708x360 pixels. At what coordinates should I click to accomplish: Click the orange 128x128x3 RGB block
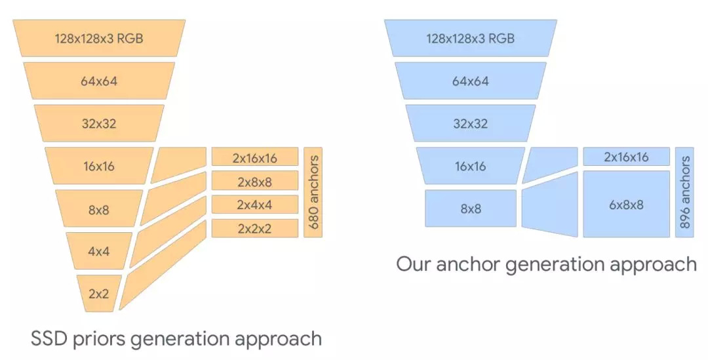(x=99, y=38)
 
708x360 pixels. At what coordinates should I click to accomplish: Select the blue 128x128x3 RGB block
(x=470, y=38)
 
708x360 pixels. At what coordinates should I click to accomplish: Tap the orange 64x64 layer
(x=99, y=81)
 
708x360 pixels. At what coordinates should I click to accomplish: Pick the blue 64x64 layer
(x=470, y=81)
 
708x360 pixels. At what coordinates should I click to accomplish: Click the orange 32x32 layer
(x=99, y=123)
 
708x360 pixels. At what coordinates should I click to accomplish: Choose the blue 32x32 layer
(x=470, y=123)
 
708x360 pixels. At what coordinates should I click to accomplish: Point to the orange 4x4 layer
(x=98, y=250)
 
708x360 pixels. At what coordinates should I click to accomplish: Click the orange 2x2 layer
(x=98, y=293)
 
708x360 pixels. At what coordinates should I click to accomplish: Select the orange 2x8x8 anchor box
(x=254, y=181)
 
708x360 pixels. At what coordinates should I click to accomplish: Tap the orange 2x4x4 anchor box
(x=254, y=205)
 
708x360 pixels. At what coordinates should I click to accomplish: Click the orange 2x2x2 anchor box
(x=254, y=228)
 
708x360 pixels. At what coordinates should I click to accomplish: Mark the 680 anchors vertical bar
(x=313, y=192)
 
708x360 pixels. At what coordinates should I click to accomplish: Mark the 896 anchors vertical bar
(x=684, y=192)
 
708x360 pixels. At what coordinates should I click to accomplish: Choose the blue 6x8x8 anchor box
(x=626, y=204)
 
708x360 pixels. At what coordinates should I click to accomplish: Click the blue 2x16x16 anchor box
(x=626, y=157)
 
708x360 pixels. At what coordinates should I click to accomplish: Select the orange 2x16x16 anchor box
(x=254, y=157)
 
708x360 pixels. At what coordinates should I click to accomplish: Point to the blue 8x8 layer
(x=470, y=209)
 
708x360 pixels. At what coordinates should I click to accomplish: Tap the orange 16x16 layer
(x=98, y=166)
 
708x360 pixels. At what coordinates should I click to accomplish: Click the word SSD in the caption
(x=49, y=338)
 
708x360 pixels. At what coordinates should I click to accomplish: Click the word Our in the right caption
(x=416, y=264)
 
